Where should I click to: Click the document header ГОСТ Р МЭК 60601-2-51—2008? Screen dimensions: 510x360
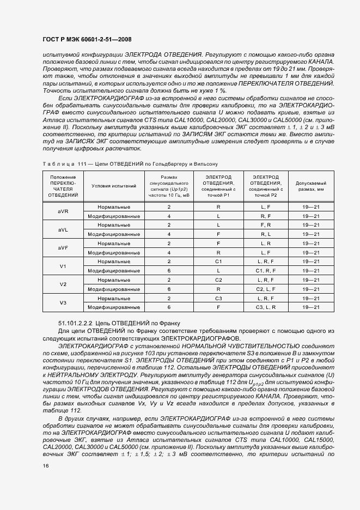87,39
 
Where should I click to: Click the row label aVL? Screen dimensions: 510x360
63,230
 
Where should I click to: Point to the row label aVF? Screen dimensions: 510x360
63,248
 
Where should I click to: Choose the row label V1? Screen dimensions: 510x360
63,266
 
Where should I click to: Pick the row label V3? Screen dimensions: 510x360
63,302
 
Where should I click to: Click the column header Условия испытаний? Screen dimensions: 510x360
114,186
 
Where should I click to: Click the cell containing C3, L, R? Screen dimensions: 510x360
266,307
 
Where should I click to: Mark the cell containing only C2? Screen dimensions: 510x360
218,280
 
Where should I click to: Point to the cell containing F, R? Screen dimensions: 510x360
266,225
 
